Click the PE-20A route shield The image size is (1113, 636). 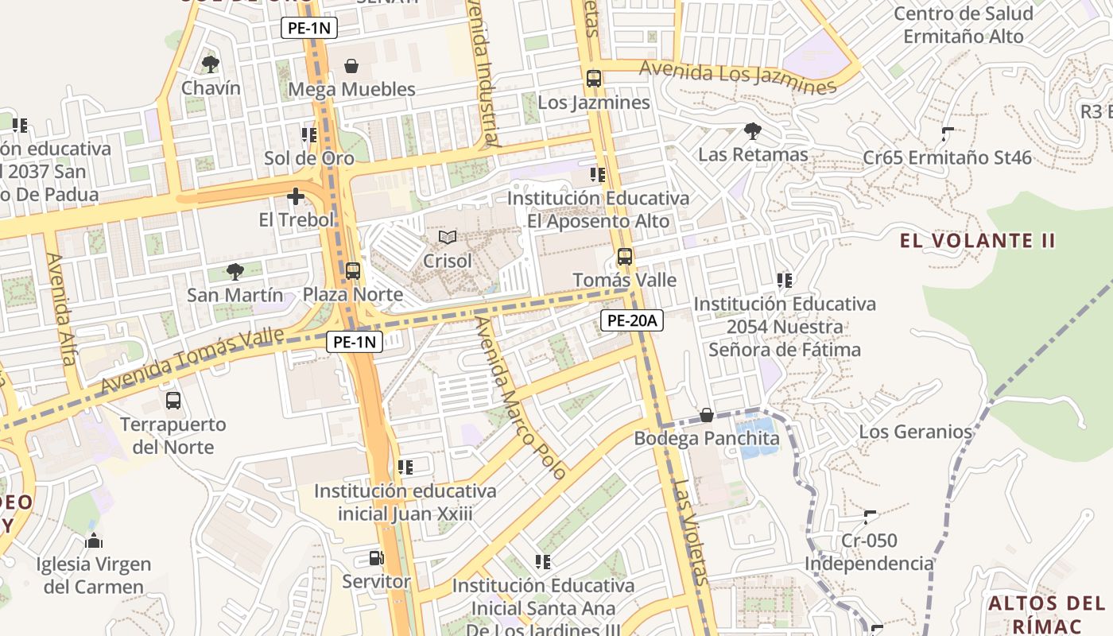click(631, 320)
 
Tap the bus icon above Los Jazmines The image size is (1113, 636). click(594, 79)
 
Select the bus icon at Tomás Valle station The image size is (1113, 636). click(625, 257)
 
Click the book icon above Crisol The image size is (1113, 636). click(448, 237)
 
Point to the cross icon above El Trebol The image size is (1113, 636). click(296, 196)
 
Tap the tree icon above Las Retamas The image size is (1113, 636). click(752, 131)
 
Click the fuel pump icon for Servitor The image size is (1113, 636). click(376, 558)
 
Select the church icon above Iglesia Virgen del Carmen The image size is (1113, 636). click(94, 541)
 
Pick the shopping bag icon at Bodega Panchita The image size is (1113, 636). click(706, 415)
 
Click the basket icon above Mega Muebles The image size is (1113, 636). click(351, 66)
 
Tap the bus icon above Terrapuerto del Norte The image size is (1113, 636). click(173, 401)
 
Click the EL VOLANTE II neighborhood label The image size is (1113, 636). click(977, 240)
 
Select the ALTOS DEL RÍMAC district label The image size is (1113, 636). click(1045, 614)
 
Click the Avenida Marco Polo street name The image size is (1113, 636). click(521, 397)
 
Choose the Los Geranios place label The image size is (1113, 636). click(915, 432)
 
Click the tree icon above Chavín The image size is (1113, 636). click(210, 64)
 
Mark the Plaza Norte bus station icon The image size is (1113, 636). click(353, 271)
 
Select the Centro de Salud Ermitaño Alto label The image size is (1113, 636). click(963, 25)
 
